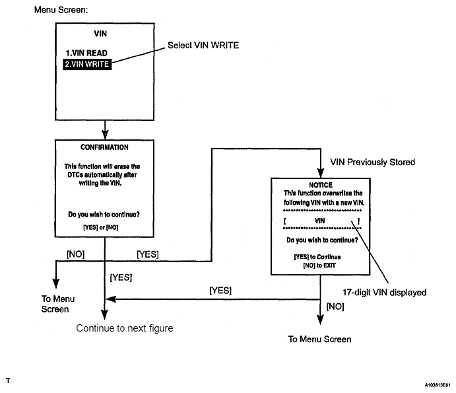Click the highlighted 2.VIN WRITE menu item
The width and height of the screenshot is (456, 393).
pyautogui.click(x=87, y=64)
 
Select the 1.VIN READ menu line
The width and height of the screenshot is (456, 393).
pyautogui.click(x=86, y=53)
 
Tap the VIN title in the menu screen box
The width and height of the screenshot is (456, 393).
pyautogui.click(x=100, y=34)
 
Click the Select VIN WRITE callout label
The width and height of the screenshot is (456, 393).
pyautogui.click(x=203, y=45)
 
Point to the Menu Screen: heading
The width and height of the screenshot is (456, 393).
pyautogui.click(x=61, y=10)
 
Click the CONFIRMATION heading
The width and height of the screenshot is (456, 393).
pyautogui.click(x=104, y=147)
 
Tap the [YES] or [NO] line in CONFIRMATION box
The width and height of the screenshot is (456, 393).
pyautogui.click(x=100, y=227)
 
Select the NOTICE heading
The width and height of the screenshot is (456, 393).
pyautogui.click(x=321, y=185)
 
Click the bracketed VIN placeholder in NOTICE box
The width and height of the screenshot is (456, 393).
pyautogui.click(x=321, y=221)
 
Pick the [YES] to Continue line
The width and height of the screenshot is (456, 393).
pyautogui.click(x=317, y=257)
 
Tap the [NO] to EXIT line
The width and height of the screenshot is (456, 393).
pyautogui.click(x=319, y=266)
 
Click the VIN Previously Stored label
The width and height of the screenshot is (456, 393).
pyautogui.click(x=373, y=162)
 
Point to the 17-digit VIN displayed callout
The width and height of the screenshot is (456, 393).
pyautogui.click(x=385, y=293)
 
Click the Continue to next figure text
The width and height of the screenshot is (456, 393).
pyautogui.click(x=125, y=328)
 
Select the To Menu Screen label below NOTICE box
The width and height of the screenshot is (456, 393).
pyautogui.click(x=319, y=339)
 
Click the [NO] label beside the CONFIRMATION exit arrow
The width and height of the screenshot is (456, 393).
pyautogui.click(x=76, y=254)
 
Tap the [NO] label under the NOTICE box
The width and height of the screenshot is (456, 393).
pyautogui.click(x=335, y=306)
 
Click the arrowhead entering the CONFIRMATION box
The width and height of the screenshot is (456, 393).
pyautogui.click(x=105, y=135)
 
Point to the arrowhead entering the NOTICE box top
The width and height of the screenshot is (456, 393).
pyautogui.click(x=321, y=173)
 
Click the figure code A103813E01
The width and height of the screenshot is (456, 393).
pyautogui.click(x=438, y=385)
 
